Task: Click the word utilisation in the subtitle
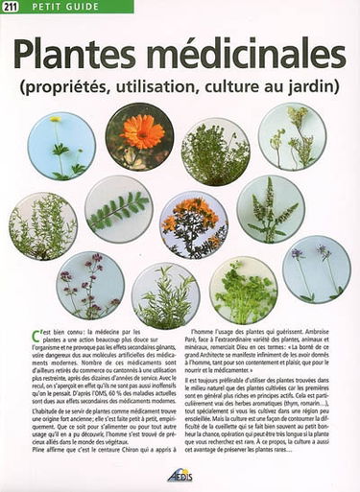click(200, 84)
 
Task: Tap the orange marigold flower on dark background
click(140, 134)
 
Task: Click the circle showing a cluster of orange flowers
click(194, 223)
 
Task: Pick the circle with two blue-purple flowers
click(316, 269)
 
